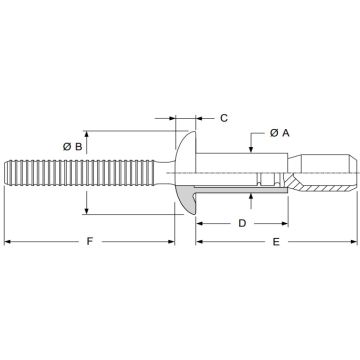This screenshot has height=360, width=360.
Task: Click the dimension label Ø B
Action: [73, 146]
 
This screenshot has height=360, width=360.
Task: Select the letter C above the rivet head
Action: [223, 118]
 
